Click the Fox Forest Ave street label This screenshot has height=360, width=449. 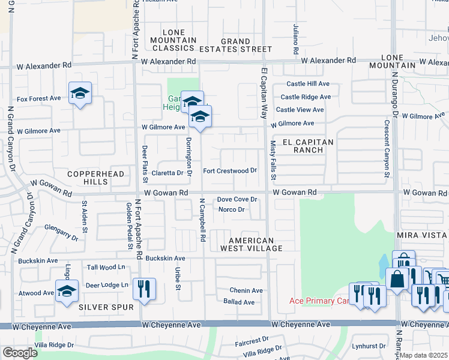point(39,98)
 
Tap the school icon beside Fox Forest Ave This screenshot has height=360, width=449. point(80,94)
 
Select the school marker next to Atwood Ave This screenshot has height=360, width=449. point(67,291)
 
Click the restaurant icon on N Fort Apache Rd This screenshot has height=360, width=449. point(144,289)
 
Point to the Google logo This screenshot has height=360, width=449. point(20,353)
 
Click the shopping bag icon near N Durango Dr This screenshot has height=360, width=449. point(397,279)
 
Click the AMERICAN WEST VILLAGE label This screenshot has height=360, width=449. point(251,244)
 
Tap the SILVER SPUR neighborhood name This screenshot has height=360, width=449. point(100,307)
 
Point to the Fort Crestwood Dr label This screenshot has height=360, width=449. point(230,171)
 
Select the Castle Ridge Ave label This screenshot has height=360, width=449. point(306,97)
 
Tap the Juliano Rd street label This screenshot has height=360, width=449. point(296,40)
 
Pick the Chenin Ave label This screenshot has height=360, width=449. point(246,290)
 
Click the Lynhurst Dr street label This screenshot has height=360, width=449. point(370,346)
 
